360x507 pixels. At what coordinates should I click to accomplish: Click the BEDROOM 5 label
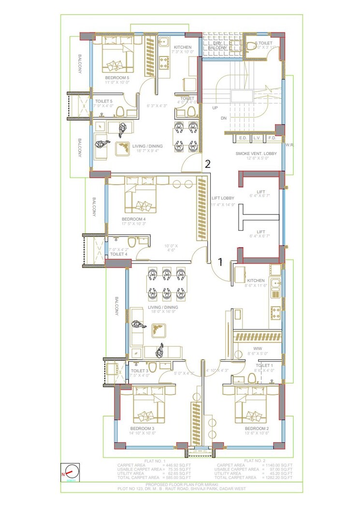point(117,77)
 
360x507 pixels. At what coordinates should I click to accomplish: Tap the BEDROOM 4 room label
point(134,219)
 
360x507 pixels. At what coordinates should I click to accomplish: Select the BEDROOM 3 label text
point(142,428)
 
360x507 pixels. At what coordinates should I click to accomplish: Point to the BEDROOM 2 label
point(257,428)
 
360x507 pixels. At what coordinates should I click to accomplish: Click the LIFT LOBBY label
point(223,198)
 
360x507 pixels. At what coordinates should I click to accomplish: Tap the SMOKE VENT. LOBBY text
point(256,153)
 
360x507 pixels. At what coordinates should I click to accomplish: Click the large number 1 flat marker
point(220,262)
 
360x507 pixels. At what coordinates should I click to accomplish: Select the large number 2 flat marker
point(207,164)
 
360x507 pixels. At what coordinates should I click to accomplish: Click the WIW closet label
point(257,348)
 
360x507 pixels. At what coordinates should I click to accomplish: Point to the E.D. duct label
point(243,138)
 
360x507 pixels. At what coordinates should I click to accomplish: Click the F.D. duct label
point(272,138)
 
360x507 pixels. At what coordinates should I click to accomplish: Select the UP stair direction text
point(215,108)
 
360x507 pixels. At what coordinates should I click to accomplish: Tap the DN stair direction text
point(223,118)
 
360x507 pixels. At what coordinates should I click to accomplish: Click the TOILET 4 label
point(118,253)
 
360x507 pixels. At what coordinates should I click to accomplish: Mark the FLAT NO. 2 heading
point(255,461)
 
